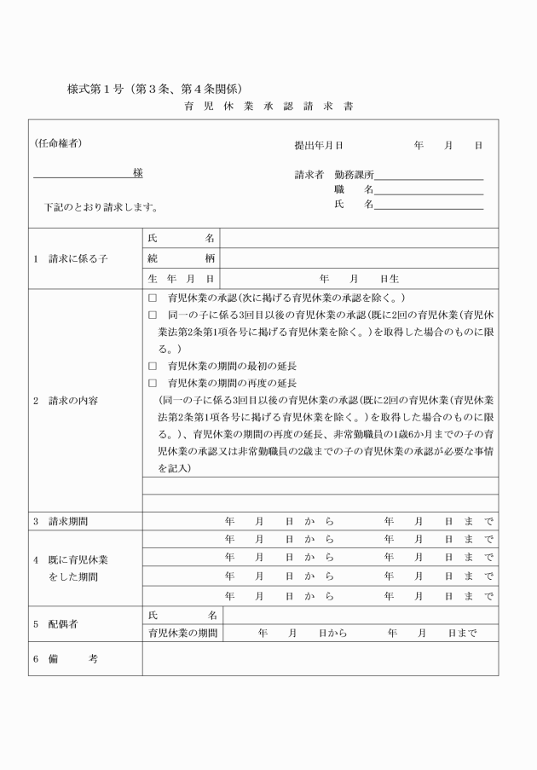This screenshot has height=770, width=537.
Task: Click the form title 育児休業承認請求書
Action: pos(268,107)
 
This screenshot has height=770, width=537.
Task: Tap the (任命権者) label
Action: pos(58,143)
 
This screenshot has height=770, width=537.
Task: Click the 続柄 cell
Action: pos(181,258)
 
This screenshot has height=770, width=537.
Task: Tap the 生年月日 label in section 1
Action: pos(181,279)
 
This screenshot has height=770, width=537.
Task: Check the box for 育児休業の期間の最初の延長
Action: pos(153,366)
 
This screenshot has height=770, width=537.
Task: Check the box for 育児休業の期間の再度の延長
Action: pos(153,383)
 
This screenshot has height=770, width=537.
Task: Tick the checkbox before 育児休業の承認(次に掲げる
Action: pos(153,298)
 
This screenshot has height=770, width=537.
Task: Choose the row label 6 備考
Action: pos(67,659)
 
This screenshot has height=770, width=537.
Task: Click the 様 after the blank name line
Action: pos(137,173)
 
